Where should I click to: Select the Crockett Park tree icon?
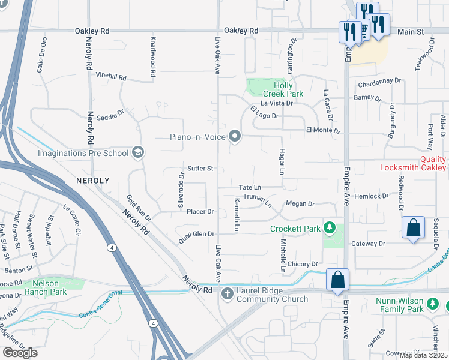point(329,229)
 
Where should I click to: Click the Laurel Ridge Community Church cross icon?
point(227,293)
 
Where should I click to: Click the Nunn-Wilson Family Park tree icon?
point(433,304)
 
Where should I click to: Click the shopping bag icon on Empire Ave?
point(337,280)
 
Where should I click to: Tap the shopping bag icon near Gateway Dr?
point(413,227)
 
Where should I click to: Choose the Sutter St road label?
point(200,169)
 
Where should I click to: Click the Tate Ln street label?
point(249,188)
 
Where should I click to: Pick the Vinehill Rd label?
point(111,77)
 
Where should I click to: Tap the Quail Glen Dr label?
point(196,238)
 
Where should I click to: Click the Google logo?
point(20,353)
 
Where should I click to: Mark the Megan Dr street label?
point(300,204)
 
